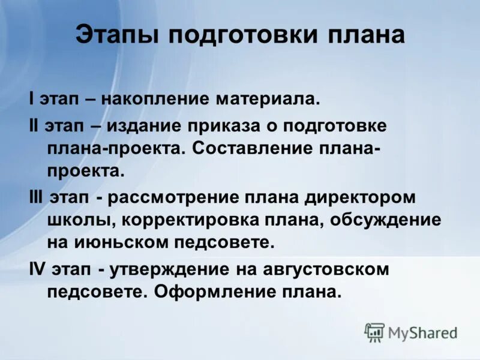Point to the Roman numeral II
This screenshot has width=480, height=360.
(34, 125)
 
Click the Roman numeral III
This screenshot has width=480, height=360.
(36, 197)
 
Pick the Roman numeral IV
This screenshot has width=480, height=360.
(37, 269)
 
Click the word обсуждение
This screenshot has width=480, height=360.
(386, 220)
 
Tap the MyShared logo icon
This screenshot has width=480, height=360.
(374, 332)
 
